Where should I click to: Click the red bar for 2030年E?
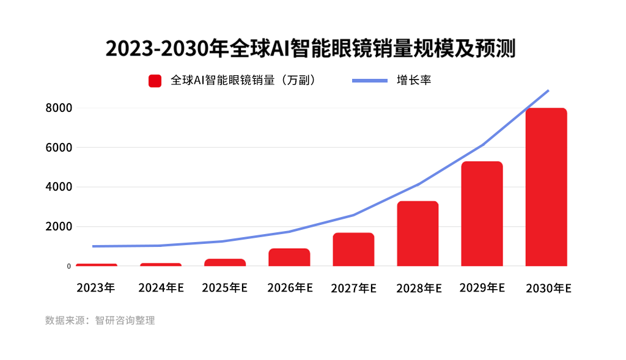546,187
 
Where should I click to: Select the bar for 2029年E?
482,214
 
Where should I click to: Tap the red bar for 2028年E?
418,233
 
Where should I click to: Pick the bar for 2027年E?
353,249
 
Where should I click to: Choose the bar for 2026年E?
289,257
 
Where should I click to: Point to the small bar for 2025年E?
225,263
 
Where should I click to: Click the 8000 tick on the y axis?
59,108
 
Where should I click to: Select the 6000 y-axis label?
59,148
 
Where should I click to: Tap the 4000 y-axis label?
59,187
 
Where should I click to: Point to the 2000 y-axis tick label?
59,227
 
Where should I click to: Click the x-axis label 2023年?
96,287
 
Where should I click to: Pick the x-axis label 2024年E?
161,287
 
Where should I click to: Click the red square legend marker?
155,81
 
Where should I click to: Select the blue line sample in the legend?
370,81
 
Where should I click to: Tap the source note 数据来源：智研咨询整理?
100,320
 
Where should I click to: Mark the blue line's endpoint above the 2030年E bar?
548,90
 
